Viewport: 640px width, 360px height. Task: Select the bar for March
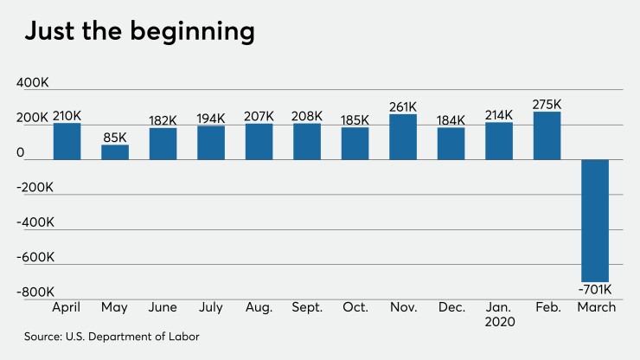[x=595, y=220]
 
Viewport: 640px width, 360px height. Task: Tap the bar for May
[x=115, y=152]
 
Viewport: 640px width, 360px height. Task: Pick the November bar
[x=403, y=137]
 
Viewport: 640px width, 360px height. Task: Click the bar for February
[x=547, y=136]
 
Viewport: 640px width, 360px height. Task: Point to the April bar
[x=67, y=142]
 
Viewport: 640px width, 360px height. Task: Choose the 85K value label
[x=115, y=137]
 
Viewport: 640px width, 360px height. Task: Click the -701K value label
[x=595, y=289]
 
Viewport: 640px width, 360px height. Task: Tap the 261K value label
[x=403, y=106]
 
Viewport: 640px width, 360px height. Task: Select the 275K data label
[x=547, y=104]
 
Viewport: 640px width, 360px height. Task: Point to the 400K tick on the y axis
[x=33, y=82]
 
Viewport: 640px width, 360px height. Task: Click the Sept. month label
[x=307, y=307]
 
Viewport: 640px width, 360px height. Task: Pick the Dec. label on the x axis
[x=451, y=307]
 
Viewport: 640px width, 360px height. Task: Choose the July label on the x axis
[x=211, y=307]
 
